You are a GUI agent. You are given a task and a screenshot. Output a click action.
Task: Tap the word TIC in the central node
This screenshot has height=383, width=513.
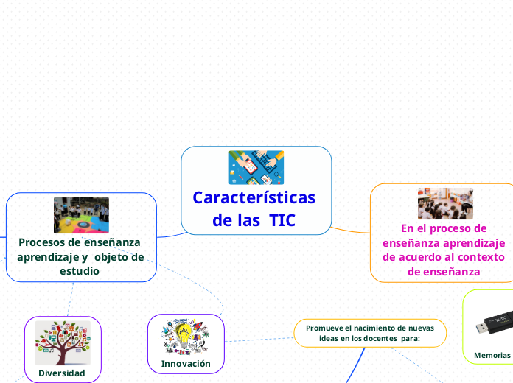(x=282, y=220)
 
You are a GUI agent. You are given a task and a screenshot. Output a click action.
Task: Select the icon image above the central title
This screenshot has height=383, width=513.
(x=256, y=168)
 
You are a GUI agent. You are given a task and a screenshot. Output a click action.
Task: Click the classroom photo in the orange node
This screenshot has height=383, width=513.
(x=445, y=204)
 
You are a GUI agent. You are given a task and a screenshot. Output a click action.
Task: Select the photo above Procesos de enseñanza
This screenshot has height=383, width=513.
(x=81, y=215)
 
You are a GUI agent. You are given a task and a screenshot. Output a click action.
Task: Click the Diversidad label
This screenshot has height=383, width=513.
(x=62, y=373)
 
